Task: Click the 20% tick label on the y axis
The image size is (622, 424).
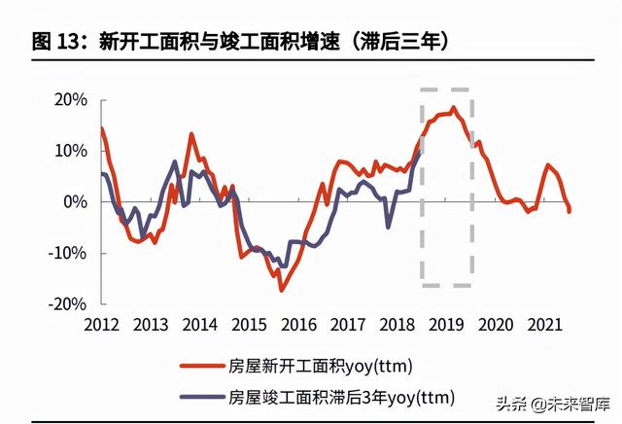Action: click(70, 100)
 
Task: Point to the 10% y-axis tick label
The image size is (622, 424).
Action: click(70, 151)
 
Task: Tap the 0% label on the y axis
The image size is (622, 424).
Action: click(75, 202)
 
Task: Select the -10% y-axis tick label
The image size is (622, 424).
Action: click(67, 253)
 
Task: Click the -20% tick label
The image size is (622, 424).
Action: click(67, 303)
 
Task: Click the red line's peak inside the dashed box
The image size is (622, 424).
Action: click(453, 108)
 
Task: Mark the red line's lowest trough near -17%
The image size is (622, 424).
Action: click(282, 290)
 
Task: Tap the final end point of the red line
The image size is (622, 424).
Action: click(570, 211)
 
